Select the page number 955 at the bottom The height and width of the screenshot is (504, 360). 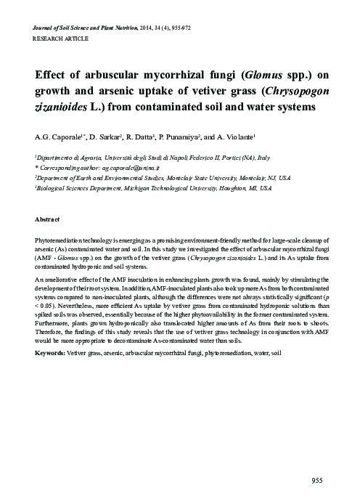click(x=316, y=481)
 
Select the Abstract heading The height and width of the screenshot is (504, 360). click(x=47, y=219)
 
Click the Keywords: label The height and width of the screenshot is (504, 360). click(x=53, y=353)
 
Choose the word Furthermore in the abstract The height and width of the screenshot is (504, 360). click(x=54, y=325)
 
